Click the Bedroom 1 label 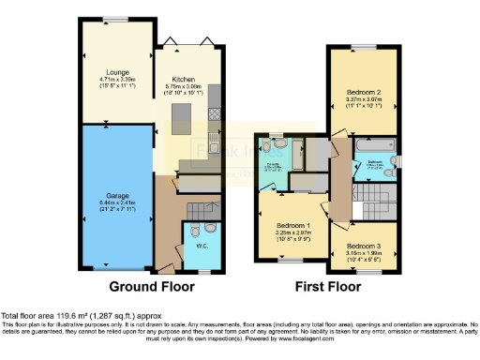291,225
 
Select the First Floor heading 328,286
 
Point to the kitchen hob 215,114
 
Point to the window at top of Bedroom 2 362,47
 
